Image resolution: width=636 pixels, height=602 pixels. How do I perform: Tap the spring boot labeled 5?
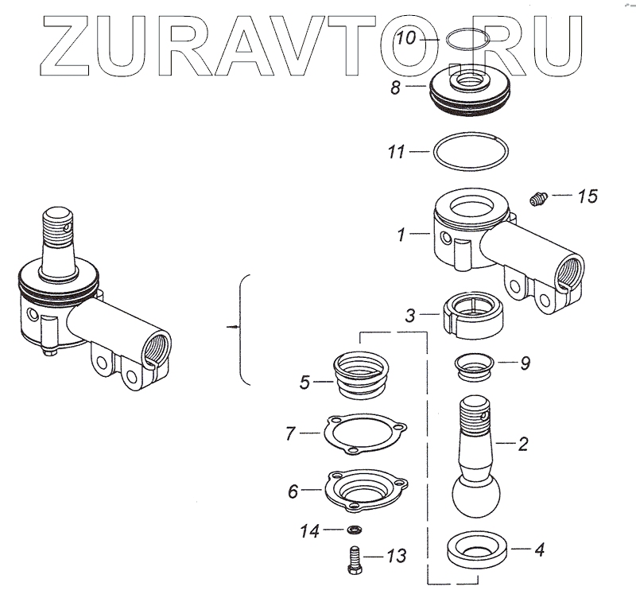coord(362,376)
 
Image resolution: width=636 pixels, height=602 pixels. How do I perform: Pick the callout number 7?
coord(291,434)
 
